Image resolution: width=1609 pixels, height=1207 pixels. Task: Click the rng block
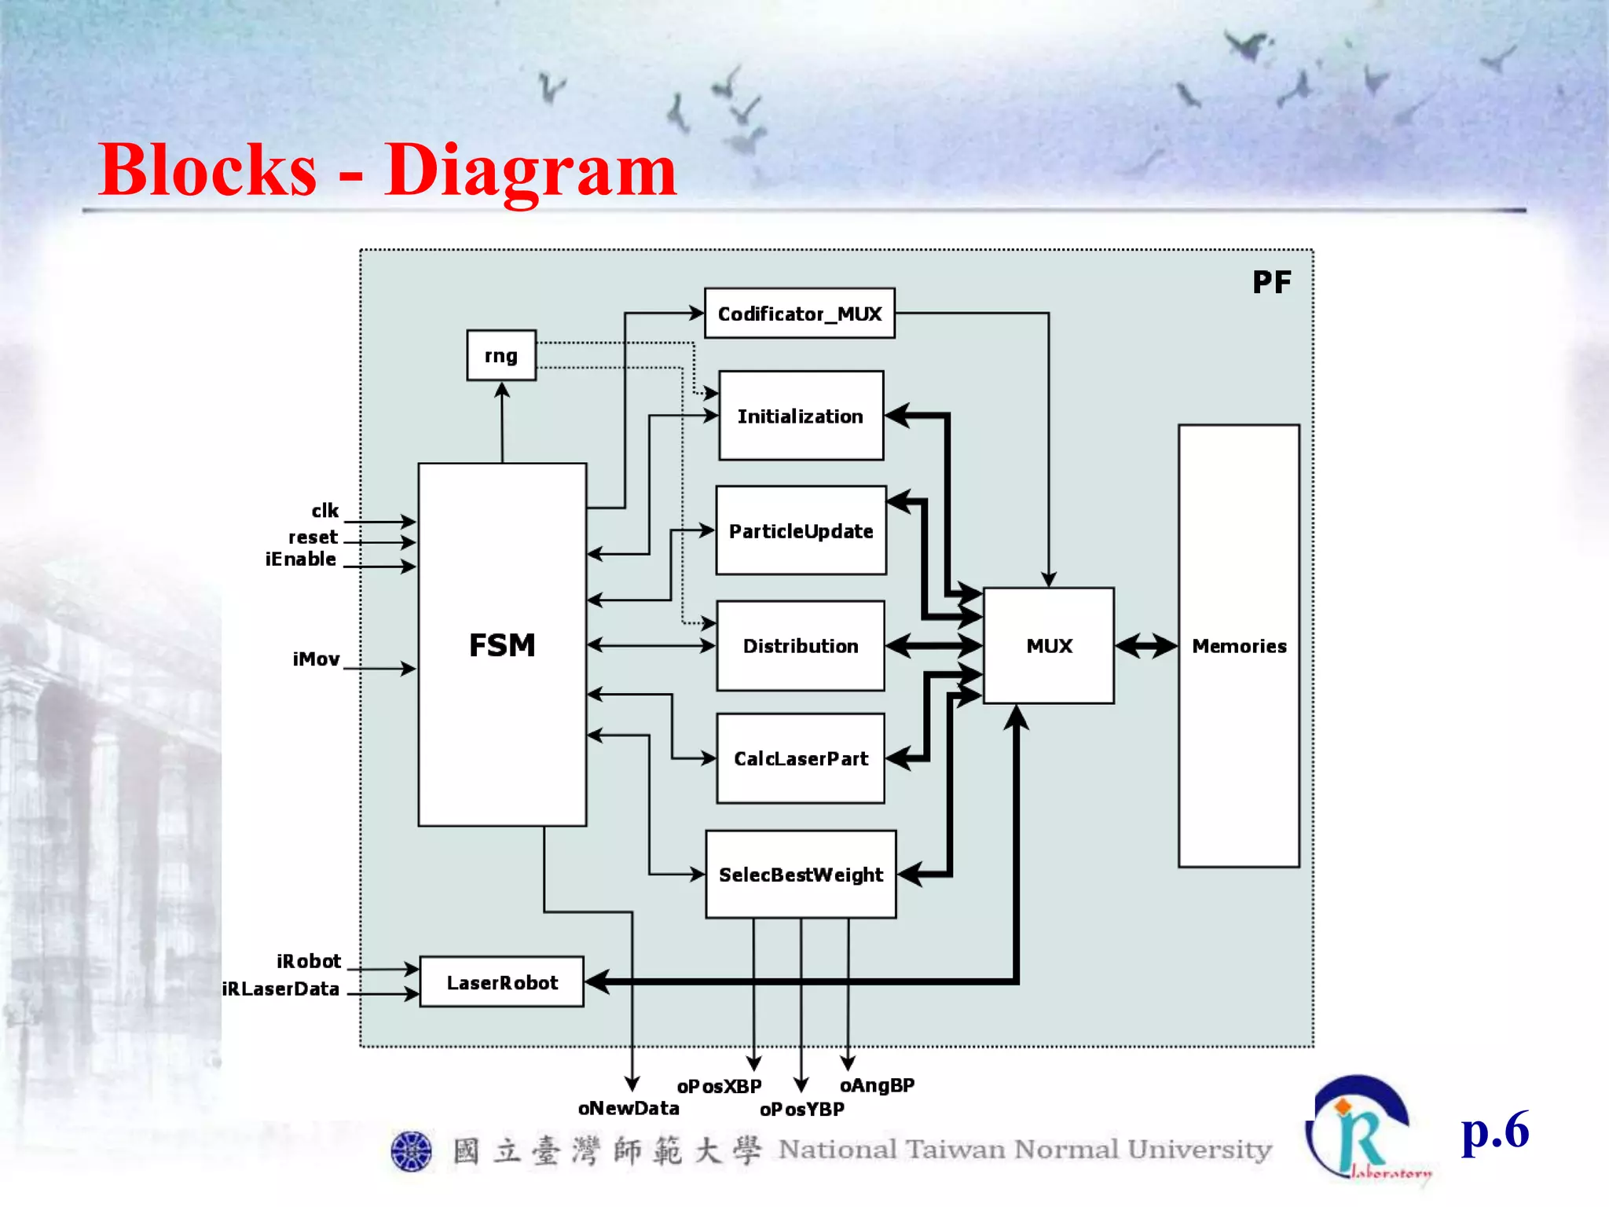[501, 355]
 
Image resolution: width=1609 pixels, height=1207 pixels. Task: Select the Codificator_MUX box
[800, 314]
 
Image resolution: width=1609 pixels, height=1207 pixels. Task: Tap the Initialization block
[801, 416]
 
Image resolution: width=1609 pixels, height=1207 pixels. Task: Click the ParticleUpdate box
[801, 530]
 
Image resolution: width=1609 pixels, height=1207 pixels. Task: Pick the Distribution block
[801, 646]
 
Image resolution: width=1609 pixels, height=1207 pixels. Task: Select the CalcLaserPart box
[801, 758]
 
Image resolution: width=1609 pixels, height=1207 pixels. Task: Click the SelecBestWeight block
[801, 874]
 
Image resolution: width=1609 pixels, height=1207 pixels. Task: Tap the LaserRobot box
[502, 982]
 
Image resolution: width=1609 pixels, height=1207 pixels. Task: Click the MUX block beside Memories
[1049, 646]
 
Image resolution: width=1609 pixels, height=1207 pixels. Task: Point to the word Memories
[1239, 646]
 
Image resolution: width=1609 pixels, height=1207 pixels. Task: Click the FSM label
[502, 645]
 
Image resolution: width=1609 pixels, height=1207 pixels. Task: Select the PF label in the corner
[1271, 282]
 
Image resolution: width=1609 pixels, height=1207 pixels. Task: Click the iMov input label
[316, 659]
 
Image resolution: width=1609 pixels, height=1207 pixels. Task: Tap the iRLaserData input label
[280, 989]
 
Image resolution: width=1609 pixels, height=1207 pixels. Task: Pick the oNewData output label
[629, 1108]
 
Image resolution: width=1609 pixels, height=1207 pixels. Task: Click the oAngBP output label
[877, 1085]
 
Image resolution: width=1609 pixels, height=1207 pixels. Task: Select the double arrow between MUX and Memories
[1146, 646]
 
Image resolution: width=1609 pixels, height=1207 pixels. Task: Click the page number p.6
[1494, 1131]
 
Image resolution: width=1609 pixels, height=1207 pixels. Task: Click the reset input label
[313, 537]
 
